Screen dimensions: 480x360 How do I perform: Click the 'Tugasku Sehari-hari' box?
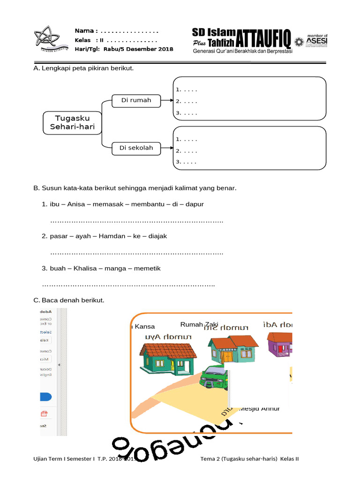[72, 122]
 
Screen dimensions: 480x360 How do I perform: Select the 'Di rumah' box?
[136, 100]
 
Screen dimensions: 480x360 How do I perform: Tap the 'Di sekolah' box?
[136, 148]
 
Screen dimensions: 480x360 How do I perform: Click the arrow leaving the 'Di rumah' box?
[167, 100]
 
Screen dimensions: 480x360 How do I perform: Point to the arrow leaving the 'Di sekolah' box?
[167, 149]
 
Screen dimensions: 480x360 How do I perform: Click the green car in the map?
[215, 377]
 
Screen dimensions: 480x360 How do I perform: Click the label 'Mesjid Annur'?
[260, 408]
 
